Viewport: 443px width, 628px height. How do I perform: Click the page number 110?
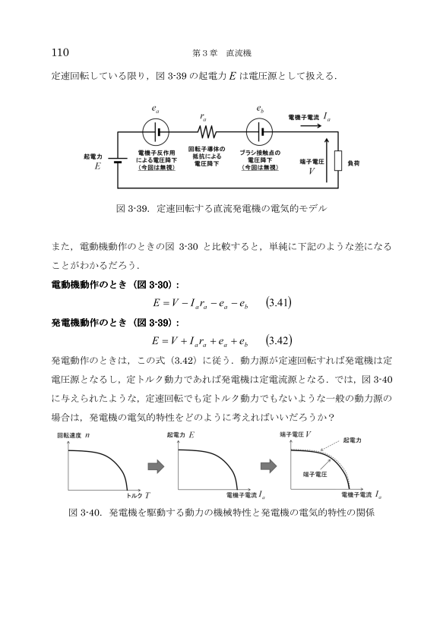tap(60, 52)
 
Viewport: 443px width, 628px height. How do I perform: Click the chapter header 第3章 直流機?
tap(222, 53)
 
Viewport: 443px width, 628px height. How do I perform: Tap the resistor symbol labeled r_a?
tap(207, 131)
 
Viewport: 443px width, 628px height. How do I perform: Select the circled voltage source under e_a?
tap(156, 131)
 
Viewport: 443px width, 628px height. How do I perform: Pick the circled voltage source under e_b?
tap(259, 131)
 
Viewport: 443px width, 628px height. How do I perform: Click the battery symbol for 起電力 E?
tap(118, 160)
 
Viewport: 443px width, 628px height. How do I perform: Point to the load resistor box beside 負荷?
tap(338, 160)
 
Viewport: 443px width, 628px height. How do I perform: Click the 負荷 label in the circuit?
tap(353, 163)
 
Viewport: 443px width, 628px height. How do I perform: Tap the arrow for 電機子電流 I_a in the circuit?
tap(311, 126)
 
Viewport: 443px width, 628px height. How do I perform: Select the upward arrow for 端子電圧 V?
tap(327, 159)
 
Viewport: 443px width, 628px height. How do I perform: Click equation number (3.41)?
tap(279, 303)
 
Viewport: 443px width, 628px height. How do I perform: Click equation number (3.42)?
tap(279, 341)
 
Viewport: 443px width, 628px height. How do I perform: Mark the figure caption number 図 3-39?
tap(132, 209)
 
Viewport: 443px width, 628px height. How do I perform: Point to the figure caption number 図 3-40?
tap(84, 513)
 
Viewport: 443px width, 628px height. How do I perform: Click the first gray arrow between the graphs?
tap(156, 466)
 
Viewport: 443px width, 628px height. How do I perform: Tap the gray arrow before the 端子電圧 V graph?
tap(268, 465)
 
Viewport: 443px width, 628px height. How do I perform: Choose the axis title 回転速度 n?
tap(74, 435)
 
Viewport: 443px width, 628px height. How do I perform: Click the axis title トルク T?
tap(138, 495)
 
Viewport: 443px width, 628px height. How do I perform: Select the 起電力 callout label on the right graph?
tap(353, 440)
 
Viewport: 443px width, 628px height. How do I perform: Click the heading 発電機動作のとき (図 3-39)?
tap(115, 323)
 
